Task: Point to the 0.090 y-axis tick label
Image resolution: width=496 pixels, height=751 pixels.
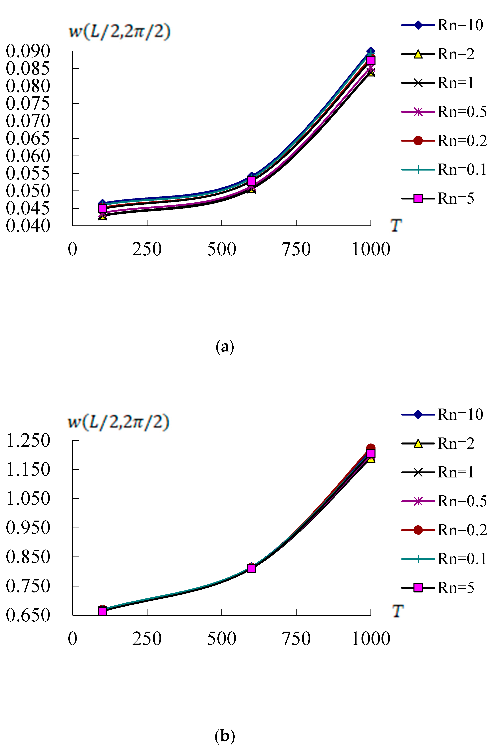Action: [x=28, y=51]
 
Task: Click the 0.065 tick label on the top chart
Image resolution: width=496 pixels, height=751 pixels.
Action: [x=28, y=138]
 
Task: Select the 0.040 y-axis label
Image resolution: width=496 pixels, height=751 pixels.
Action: [x=28, y=226]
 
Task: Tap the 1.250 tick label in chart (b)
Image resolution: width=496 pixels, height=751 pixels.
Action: [x=28, y=440]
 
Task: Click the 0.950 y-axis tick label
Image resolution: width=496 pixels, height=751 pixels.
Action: [x=28, y=528]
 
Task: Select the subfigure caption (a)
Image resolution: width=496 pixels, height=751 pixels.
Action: [x=225, y=347]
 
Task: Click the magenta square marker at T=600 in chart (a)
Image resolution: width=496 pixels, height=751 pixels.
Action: [x=251, y=181]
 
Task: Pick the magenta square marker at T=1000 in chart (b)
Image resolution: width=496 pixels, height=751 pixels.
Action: [x=371, y=453]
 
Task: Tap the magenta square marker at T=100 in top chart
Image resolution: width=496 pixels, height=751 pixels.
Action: [x=102, y=209]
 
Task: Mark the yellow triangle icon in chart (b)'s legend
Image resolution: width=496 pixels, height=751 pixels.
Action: [x=418, y=443]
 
